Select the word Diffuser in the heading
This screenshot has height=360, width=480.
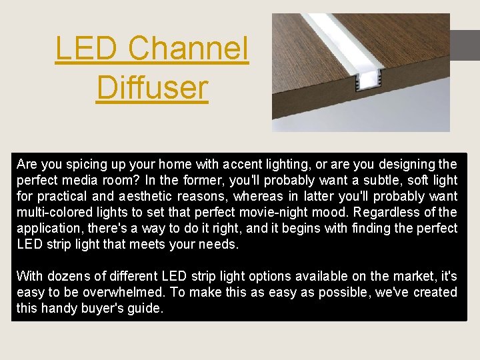click(152, 87)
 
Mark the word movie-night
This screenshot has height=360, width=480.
click(301, 212)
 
